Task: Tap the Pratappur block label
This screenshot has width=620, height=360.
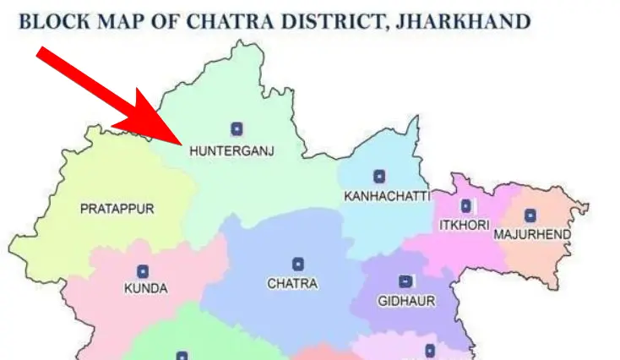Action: click(x=117, y=209)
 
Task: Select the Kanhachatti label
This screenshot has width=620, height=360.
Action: click(x=387, y=196)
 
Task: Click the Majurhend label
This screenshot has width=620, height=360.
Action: click(x=532, y=234)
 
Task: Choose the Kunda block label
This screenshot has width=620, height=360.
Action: click(x=145, y=289)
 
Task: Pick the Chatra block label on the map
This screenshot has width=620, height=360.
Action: click(x=292, y=284)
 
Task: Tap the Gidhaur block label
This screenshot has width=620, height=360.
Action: click(x=406, y=301)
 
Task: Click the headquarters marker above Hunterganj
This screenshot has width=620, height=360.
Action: click(x=237, y=128)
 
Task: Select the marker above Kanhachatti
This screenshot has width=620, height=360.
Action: click(x=379, y=177)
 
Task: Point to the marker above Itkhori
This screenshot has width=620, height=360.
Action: click(x=465, y=205)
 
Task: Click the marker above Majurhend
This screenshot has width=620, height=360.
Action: click(x=530, y=215)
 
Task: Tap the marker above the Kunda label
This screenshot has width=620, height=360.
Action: click(x=143, y=271)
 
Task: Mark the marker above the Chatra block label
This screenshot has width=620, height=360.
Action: click(x=297, y=265)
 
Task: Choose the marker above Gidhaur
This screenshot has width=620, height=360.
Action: click(x=405, y=281)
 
